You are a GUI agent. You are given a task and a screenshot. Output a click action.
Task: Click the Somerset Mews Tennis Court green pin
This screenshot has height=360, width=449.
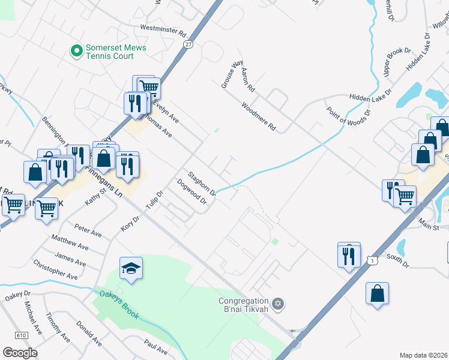(x=76, y=51)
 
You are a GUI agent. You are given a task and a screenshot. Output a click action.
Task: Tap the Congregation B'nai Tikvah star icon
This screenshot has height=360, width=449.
(x=277, y=304)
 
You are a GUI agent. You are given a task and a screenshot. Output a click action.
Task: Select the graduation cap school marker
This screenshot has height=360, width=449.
(x=131, y=269)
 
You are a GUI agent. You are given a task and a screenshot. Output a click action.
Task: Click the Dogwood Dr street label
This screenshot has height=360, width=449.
(x=191, y=192)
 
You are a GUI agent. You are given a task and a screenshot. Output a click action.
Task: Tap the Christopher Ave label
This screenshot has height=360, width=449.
(x=55, y=270)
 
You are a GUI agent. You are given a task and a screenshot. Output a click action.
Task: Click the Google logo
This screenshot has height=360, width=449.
(x=20, y=353)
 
